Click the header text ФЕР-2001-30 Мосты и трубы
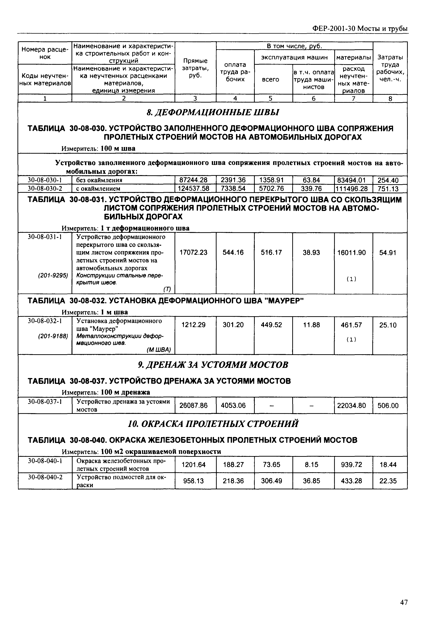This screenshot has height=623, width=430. pyautogui.click(x=360, y=29)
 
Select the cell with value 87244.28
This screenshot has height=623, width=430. pyautogui.click(x=195, y=180)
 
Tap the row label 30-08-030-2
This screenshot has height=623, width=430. pyautogui.click(x=45, y=188)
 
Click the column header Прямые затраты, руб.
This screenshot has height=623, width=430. pyautogui.click(x=195, y=68)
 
